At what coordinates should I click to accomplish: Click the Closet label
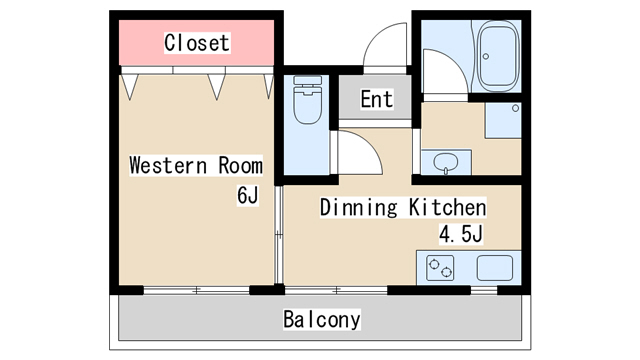tap(197, 43)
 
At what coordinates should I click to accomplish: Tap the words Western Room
tap(196, 165)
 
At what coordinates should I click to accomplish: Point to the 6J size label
tap(248, 195)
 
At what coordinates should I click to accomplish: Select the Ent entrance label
tap(377, 99)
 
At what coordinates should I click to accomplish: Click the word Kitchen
tap(448, 207)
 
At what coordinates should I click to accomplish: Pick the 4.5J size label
tap(461, 234)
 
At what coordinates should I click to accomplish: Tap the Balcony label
tap(322, 319)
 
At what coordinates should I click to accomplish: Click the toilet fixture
tap(307, 100)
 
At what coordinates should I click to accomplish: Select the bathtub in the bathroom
tap(498, 56)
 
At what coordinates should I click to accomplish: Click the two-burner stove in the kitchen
tap(440, 268)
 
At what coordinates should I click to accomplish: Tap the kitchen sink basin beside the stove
tap(495, 268)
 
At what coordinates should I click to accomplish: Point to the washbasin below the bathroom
tap(446, 163)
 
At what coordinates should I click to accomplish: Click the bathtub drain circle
tap(486, 56)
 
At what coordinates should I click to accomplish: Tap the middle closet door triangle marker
tap(216, 87)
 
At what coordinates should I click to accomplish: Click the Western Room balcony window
tap(196, 290)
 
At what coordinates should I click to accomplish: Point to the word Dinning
tap(358, 207)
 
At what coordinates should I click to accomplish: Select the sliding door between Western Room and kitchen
tap(279, 235)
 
